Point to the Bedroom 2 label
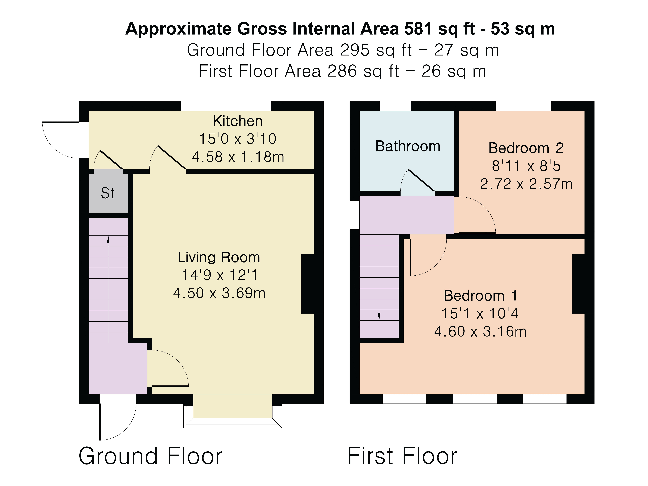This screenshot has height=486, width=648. click(x=526, y=148)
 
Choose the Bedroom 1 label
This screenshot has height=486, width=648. click(x=480, y=296)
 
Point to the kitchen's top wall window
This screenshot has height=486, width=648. click(x=226, y=106)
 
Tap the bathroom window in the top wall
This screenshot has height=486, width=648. click(x=395, y=106)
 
